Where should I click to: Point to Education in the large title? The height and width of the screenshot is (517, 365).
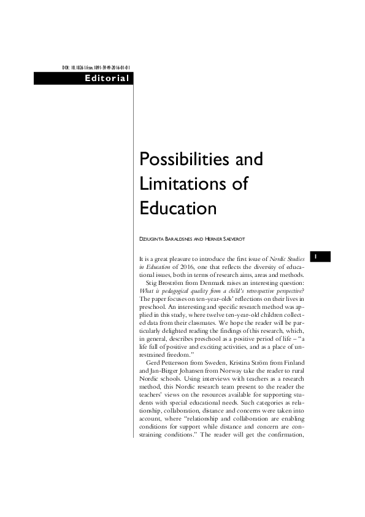coord(179,208)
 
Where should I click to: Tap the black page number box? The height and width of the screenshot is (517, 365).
coord(321,255)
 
